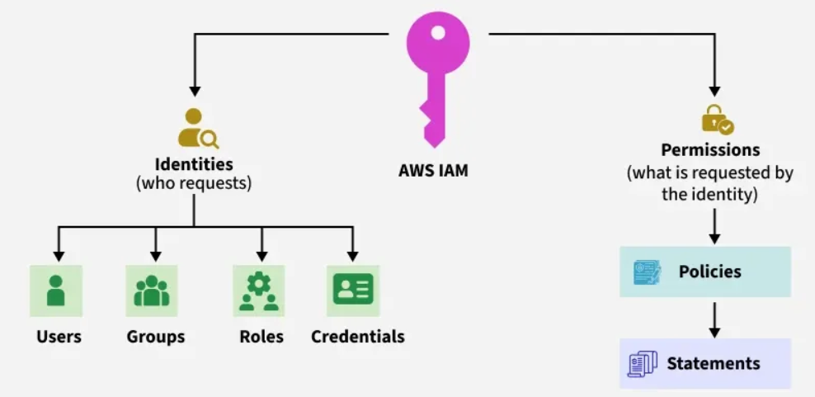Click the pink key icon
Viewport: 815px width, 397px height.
point(438,79)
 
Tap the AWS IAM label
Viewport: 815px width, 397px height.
point(433,171)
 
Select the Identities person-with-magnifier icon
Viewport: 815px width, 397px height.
point(197,128)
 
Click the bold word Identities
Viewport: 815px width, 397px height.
point(194,164)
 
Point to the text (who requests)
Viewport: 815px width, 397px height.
point(194,184)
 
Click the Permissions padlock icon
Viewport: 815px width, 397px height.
point(718,119)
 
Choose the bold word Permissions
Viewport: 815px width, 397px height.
point(710,150)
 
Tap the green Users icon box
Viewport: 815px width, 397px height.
point(56,291)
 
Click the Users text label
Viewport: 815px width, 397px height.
point(59,337)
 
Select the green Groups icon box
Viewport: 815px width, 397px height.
point(152,291)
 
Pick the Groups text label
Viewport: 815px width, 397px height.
point(155,337)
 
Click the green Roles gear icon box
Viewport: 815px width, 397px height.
point(259,291)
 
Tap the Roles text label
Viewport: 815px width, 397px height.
point(261,337)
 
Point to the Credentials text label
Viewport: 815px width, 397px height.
point(358,337)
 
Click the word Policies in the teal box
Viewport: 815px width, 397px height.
point(709,272)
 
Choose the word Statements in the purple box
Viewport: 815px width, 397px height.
point(713,363)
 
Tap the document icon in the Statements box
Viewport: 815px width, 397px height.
point(642,364)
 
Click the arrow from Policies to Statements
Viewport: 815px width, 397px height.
point(714,319)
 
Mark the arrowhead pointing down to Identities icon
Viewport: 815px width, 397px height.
point(195,91)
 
